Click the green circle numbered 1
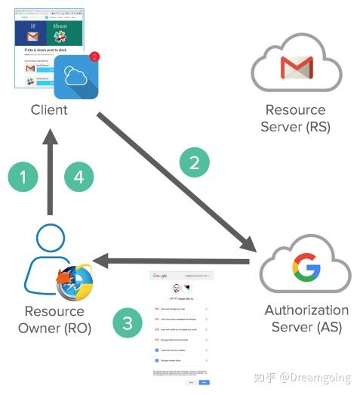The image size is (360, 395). tap(23, 177)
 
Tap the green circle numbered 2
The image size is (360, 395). tap(193, 161)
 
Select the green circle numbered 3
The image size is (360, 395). tap(128, 324)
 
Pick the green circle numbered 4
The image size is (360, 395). tap(78, 177)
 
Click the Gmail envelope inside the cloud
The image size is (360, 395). tap(297, 68)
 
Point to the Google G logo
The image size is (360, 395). tap(306, 267)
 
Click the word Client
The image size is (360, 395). tap(49, 110)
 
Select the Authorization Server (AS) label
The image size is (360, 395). tap(306, 319)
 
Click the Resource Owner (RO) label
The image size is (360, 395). tap(54, 319)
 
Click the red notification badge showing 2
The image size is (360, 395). tap(94, 56)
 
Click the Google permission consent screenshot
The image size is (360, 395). tap(181, 328)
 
